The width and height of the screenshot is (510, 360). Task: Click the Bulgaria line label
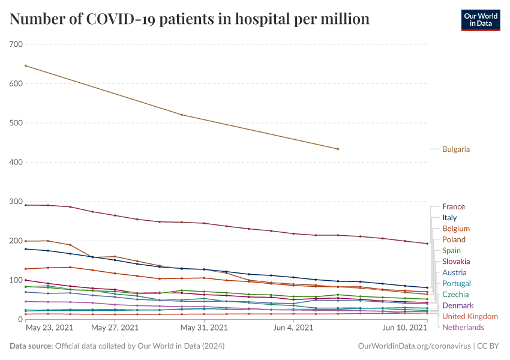[x=455, y=149]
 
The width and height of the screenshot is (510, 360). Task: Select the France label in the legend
[x=453, y=207]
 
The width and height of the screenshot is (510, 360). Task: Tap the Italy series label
[x=449, y=218]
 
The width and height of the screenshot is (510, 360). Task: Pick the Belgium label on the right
[x=455, y=229]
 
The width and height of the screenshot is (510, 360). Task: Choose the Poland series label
[x=454, y=240]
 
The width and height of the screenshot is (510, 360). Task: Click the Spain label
[x=451, y=251]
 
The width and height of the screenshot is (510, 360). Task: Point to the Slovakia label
[x=455, y=262]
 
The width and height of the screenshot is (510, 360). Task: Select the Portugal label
[x=456, y=284]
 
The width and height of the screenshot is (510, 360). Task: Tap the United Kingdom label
[x=470, y=316]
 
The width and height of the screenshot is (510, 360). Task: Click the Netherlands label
[x=463, y=328]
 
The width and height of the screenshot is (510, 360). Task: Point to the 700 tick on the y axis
[x=16, y=44]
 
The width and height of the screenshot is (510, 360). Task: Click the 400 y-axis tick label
[x=16, y=162]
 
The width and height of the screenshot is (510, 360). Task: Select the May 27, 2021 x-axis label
[x=115, y=328]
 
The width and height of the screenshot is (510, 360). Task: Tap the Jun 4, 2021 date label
[x=293, y=328]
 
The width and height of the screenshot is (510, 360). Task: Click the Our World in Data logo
[x=480, y=19]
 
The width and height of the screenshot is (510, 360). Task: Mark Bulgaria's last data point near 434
[x=338, y=149]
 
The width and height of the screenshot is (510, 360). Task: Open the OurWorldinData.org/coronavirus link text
[x=414, y=346]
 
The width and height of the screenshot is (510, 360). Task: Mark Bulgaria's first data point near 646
[x=25, y=65]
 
